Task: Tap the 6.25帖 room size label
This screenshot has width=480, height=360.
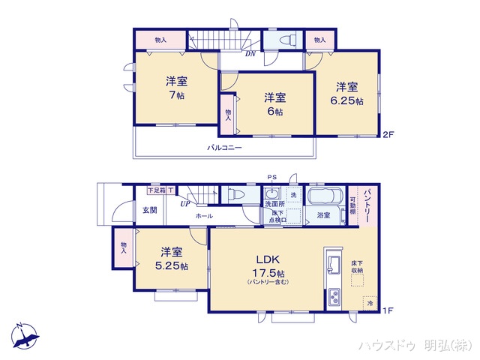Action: click(x=349, y=101)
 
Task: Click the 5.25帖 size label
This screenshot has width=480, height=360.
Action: click(x=172, y=266)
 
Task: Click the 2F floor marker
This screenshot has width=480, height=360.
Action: click(x=388, y=135)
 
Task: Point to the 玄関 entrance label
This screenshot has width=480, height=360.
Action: click(x=149, y=210)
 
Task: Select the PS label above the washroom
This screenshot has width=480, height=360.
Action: click(x=271, y=178)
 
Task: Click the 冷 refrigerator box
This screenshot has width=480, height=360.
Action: click(x=369, y=302)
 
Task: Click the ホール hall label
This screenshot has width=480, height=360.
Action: click(x=204, y=216)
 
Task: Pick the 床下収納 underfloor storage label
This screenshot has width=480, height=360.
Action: click(x=357, y=266)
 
